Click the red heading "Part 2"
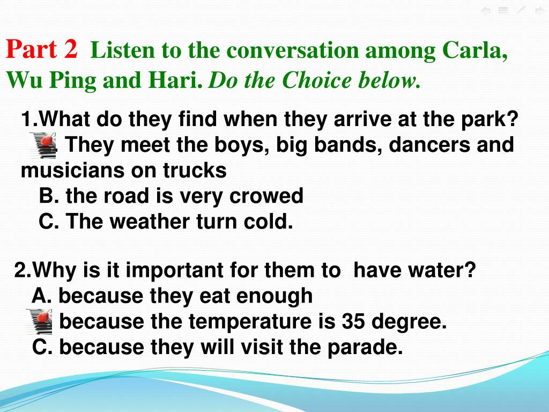(42, 49)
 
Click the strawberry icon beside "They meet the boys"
(43, 145)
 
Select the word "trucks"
(194, 170)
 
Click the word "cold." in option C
(268, 222)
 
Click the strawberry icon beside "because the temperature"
(39, 322)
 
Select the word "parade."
(365, 347)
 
